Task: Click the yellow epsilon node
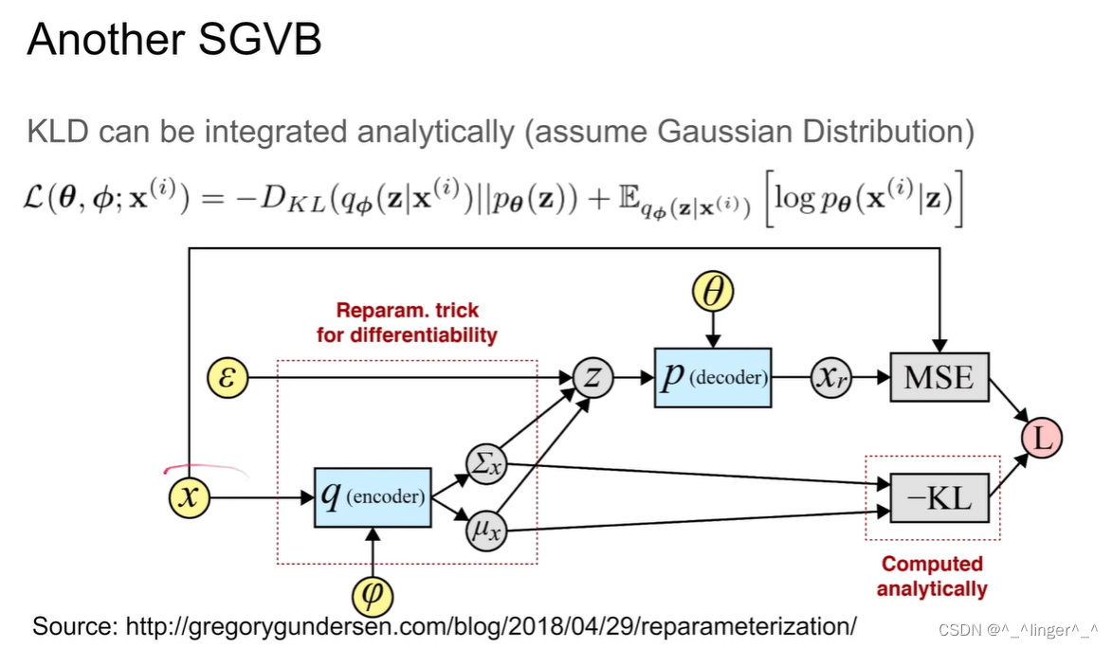pyautogui.click(x=228, y=380)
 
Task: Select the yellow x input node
pyautogui.click(x=190, y=496)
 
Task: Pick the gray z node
pyautogui.click(x=592, y=379)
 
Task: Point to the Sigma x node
pyautogui.click(x=487, y=462)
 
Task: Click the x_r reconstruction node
pyautogui.click(x=832, y=379)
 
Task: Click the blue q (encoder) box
pyautogui.click(x=373, y=496)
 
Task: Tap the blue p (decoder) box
pyautogui.click(x=712, y=378)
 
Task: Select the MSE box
pyautogui.click(x=939, y=378)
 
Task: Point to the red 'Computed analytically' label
pyautogui.click(x=932, y=576)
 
